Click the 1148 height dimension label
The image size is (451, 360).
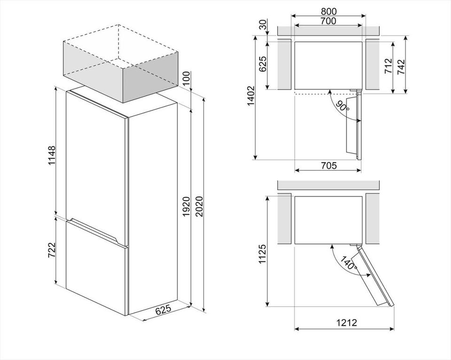pos(52,156)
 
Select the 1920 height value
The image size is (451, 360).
pos(187,207)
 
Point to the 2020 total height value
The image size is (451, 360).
pos(199,207)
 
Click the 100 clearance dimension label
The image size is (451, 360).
pos(187,78)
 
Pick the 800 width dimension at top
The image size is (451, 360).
pos(328,11)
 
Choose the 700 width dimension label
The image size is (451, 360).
pos(328,21)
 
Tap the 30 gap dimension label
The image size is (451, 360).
pos(263,25)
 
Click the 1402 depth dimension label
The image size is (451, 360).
pos(251,96)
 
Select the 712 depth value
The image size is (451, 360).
pos(389,66)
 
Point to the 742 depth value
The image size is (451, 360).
pos(401,67)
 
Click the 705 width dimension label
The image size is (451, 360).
pos(328,166)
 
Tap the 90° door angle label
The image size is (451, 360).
pos(342,106)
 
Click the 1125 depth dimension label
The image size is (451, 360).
pos(263,254)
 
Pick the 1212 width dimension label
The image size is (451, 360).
pos(347,322)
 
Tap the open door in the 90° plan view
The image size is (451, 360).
pos(353,125)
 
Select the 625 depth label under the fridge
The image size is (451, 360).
pos(163,310)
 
